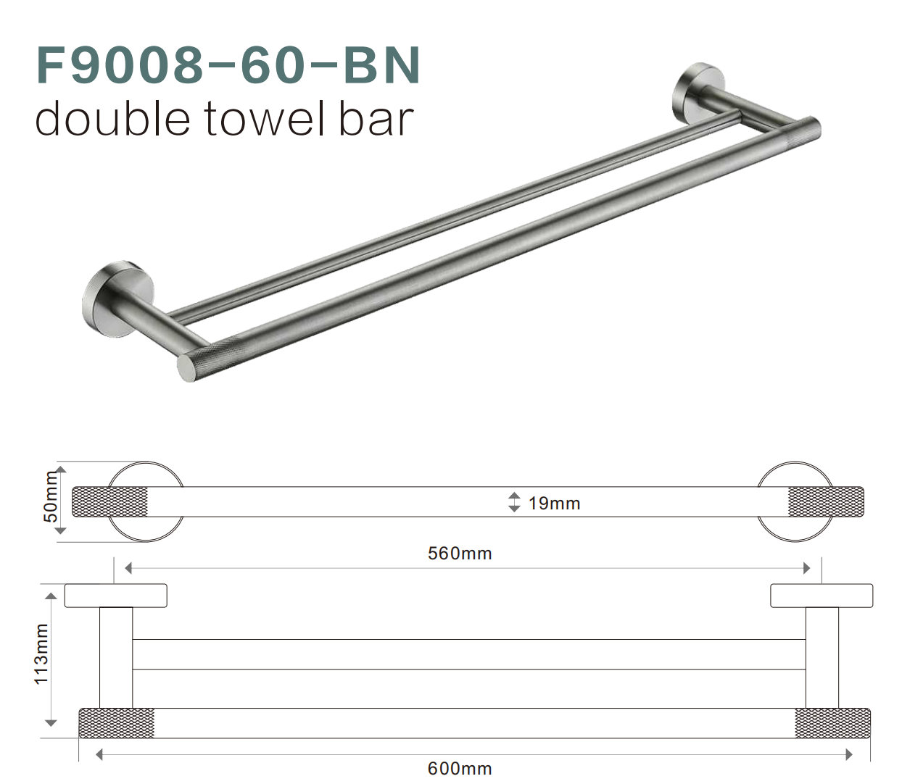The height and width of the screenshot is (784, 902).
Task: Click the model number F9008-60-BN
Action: pos(228,65)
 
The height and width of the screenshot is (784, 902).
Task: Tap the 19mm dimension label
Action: pos(554,504)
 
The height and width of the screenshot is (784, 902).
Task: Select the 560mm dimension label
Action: pos(460,554)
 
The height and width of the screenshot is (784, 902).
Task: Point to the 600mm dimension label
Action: pos(460,768)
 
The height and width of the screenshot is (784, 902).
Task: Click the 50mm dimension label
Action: pos(51,496)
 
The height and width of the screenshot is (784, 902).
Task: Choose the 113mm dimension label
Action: pos(42,654)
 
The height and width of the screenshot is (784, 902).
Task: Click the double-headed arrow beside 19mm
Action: pos(514,502)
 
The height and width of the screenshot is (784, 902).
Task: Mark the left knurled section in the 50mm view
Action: pos(110,502)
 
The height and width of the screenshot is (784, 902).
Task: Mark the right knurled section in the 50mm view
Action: pos(825,502)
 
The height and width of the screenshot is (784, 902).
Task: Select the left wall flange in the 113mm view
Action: pos(116,595)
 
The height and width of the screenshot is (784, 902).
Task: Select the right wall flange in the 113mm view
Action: pos(821,595)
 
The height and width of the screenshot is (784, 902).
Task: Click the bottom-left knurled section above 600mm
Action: pos(117,723)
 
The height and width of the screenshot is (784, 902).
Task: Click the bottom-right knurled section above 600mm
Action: pos(832,723)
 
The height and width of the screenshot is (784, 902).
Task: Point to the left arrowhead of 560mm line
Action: pos(128,568)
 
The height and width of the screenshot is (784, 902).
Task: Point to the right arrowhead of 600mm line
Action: pos(849,754)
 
